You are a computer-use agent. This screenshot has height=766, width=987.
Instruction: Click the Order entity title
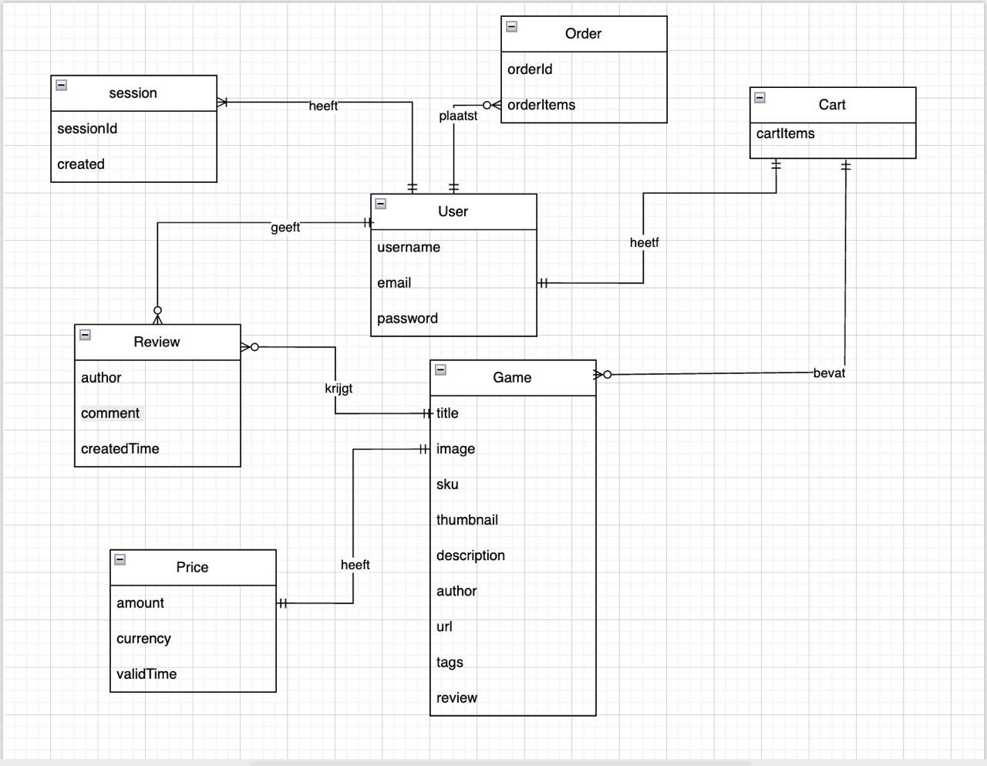coord(583,34)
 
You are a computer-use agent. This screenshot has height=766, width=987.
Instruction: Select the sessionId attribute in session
coord(87,129)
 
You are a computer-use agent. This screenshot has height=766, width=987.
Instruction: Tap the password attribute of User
coord(407,319)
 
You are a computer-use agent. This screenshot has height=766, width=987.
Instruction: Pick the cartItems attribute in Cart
coord(785,133)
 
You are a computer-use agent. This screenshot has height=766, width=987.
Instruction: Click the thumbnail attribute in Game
coord(467,520)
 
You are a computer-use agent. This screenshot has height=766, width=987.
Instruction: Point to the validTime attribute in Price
coord(147,674)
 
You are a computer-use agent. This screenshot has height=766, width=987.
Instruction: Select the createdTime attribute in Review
coord(120,449)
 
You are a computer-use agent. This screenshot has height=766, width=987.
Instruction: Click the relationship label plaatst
coord(458,116)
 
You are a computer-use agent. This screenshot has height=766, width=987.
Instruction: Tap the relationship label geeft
coord(285,228)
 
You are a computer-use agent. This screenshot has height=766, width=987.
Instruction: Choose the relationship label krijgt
coord(339,388)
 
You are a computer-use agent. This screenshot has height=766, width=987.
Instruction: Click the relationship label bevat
coord(829,373)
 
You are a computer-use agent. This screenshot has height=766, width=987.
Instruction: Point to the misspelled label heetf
coord(644,243)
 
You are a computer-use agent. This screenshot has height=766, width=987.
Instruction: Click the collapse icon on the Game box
coord(440,370)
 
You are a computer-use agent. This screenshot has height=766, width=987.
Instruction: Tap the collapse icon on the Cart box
coord(760,97)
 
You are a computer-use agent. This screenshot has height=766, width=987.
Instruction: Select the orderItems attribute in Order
coord(541,105)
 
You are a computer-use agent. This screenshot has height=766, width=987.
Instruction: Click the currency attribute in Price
coord(143,639)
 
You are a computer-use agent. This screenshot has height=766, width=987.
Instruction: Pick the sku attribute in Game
coord(447,484)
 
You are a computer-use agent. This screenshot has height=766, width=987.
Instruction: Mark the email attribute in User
coord(394,283)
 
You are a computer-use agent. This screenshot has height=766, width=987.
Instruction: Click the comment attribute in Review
coord(110,413)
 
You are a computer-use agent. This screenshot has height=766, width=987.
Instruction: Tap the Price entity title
coord(192,568)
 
